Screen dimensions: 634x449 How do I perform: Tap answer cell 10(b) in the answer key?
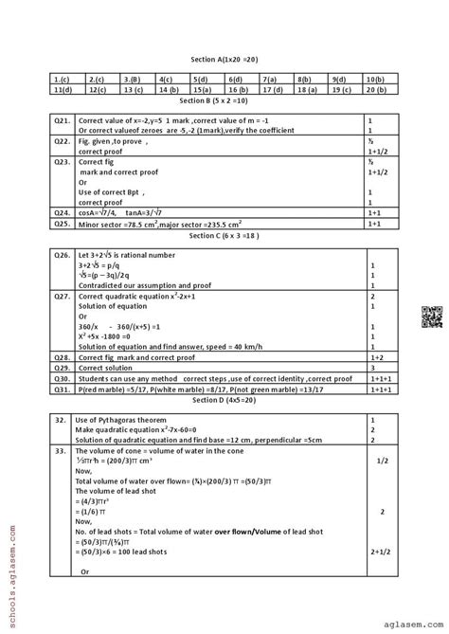pos(374,81)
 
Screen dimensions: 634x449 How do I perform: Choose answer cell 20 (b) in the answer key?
pos(374,89)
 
